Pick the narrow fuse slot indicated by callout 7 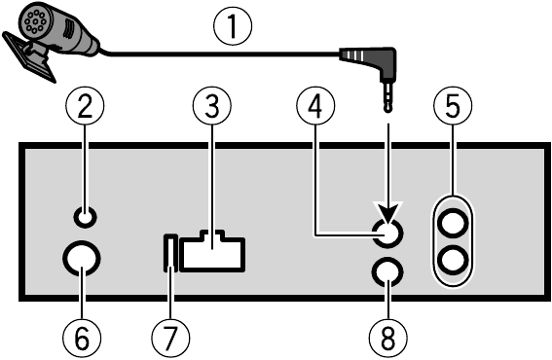point(169,253)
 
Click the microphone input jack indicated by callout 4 point(387,232)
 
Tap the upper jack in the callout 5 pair point(454,223)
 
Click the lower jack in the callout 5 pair point(454,260)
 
